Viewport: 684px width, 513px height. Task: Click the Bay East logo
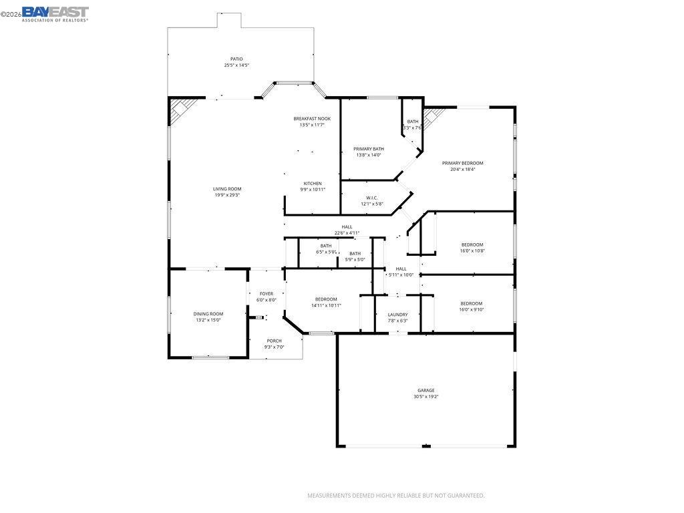[55, 13]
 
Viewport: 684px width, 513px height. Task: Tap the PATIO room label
[236, 59]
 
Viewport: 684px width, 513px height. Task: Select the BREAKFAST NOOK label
[312, 119]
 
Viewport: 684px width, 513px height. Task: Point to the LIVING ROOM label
[227, 189]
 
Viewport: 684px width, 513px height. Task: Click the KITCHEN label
[313, 183]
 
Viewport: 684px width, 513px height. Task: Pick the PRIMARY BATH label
[369, 149]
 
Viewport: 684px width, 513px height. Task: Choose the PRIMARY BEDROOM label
[462, 163]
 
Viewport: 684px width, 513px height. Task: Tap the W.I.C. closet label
[372, 198]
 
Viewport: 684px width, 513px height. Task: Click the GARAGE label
[426, 390]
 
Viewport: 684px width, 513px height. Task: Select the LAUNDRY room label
[397, 315]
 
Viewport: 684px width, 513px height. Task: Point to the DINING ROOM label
[208, 314]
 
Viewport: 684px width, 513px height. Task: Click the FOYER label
[267, 294]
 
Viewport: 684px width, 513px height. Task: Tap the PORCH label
[274, 341]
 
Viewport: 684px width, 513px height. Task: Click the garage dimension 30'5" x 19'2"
[426, 397]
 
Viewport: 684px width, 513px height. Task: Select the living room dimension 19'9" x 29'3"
[227, 195]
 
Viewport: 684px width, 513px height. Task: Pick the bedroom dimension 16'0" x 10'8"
[472, 250]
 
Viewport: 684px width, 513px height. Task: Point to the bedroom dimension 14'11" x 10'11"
[326, 305]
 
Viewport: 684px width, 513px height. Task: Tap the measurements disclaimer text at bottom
[395, 496]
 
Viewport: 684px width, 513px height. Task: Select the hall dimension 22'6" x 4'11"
[347, 233]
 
